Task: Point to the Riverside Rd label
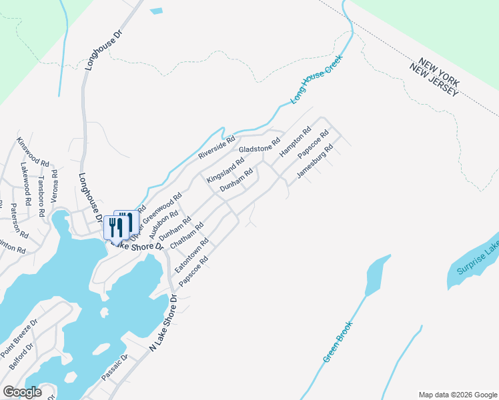click(x=217, y=148)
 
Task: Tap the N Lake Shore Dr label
click(x=163, y=323)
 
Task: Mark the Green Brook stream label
click(x=338, y=341)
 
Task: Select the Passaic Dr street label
click(x=114, y=369)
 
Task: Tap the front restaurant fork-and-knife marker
click(x=117, y=227)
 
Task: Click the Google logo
click(x=21, y=392)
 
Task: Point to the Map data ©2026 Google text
click(x=457, y=394)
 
